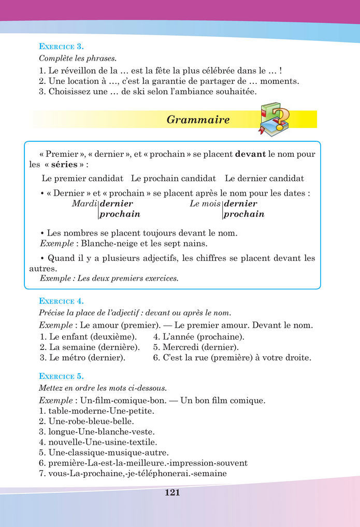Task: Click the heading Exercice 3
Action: [x=61, y=46]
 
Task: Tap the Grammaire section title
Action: [x=198, y=120]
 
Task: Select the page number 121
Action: [x=172, y=493]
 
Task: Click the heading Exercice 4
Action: [x=61, y=301]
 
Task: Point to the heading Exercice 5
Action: [x=61, y=376]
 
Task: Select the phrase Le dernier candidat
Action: [x=264, y=179]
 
